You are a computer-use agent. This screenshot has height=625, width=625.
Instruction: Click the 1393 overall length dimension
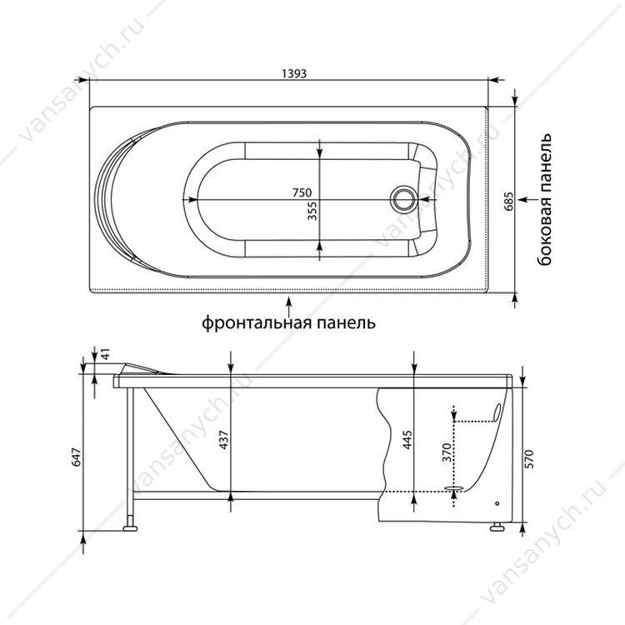(x=294, y=73)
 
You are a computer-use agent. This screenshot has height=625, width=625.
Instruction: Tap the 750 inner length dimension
(x=302, y=192)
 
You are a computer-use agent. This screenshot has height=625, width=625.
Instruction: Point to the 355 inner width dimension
(x=312, y=211)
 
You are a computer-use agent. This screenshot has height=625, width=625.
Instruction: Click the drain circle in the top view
(x=404, y=199)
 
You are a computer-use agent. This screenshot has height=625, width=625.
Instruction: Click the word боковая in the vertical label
(x=544, y=227)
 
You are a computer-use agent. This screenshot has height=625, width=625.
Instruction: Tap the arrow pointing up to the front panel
(x=289, y=306)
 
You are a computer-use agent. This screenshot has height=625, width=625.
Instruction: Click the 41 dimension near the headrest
(x=105, y=353)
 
